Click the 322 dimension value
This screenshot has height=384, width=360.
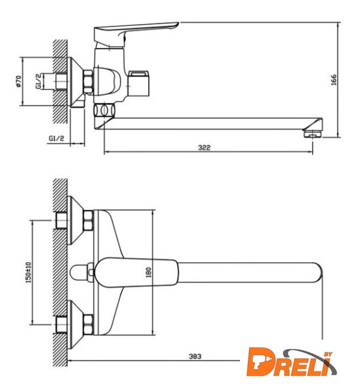(204, 148)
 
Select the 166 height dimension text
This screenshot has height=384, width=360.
(334, 80)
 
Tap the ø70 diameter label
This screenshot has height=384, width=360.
(19, 82)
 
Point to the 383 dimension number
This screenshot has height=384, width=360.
(195, 356)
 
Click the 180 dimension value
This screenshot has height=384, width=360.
(149, 272)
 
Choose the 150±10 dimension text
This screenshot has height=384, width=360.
(28, 272)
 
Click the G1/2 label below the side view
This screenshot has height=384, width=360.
(56, 138)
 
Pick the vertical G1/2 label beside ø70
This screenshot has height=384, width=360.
(39, 82)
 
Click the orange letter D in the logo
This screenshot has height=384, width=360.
(260, 362)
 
